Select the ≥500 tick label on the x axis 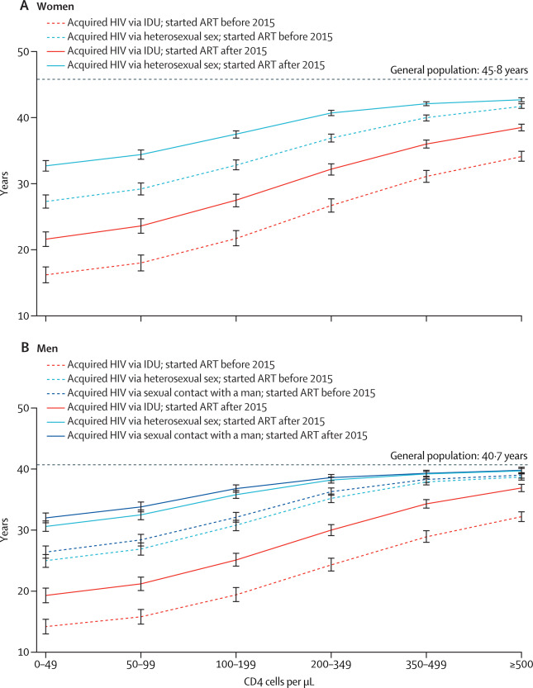point(521,663)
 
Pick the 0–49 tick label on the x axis point(45,663)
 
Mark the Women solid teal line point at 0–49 point(45,166)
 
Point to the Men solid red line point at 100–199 point(236,560)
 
